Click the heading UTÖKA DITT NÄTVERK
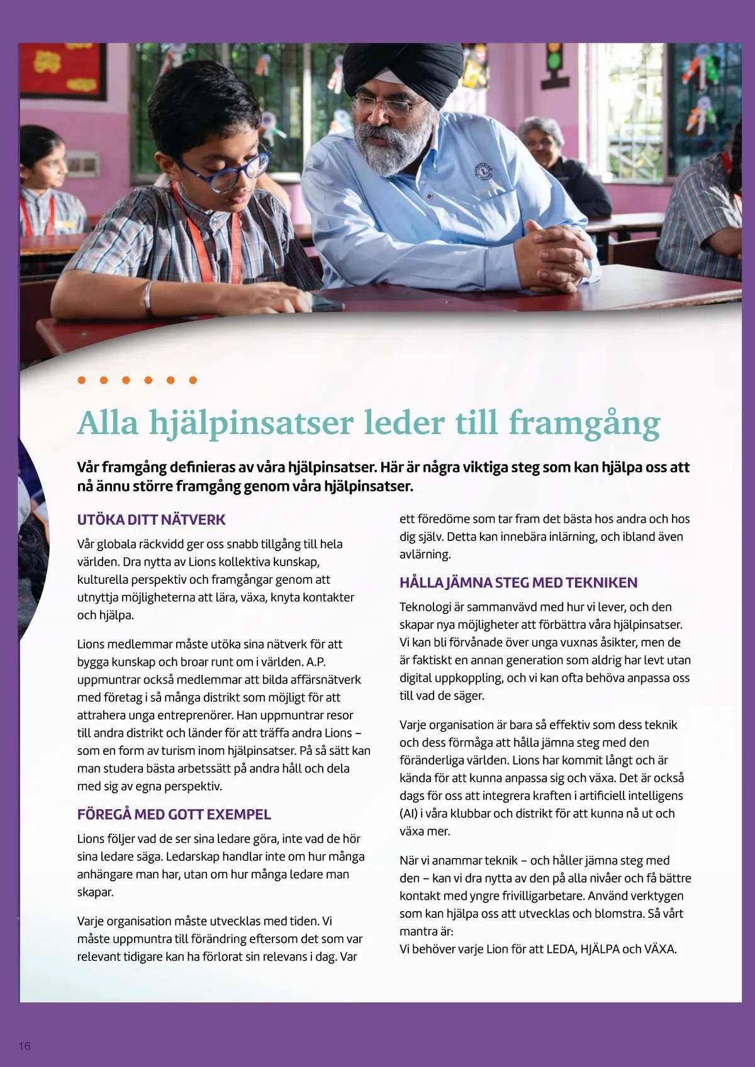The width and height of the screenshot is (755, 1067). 151,520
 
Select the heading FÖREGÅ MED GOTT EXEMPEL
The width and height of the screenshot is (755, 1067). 174,814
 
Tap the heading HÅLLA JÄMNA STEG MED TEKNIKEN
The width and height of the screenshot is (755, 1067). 518,583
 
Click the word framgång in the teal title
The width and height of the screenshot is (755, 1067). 584,422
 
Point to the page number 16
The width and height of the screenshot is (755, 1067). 25,1046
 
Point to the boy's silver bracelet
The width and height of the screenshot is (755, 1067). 148,297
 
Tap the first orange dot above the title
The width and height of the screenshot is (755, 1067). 81,380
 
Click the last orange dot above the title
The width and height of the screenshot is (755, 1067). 193,380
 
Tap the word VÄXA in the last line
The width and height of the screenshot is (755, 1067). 660,949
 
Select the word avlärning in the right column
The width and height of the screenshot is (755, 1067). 425,555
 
